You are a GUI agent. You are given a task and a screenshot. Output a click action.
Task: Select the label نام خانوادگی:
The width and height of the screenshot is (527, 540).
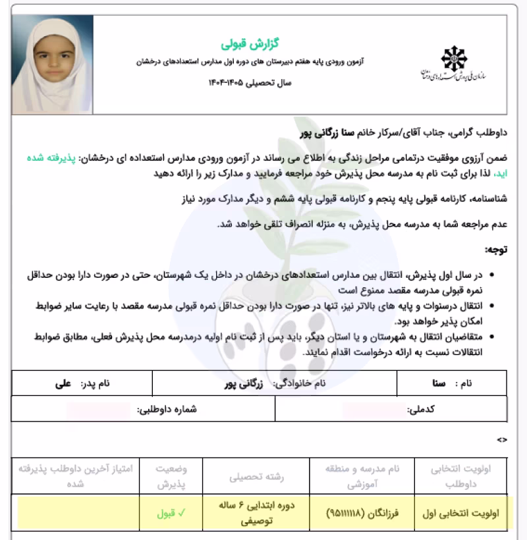coord(309,382)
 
